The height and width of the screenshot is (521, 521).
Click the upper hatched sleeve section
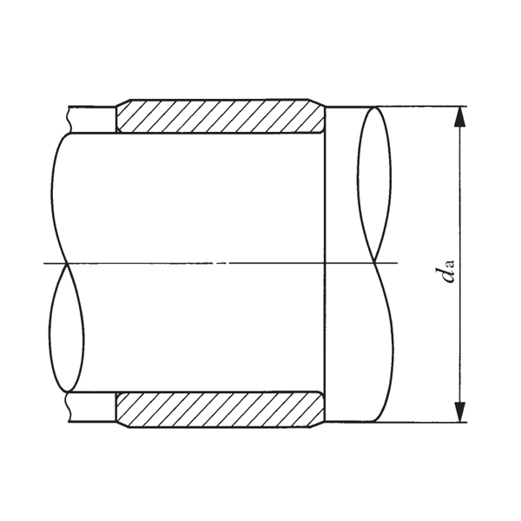tap(217, 116)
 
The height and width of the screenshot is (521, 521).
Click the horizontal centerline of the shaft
tap(217, 262)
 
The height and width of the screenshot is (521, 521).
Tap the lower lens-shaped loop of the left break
tap(67, 330)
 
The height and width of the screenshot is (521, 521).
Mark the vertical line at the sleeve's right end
tap(325, 260)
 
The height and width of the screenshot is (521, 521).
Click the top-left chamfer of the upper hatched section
tap(122, 102)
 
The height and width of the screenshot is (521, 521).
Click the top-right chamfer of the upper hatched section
tap(317, 102)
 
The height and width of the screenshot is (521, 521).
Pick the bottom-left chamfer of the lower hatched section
tap(122, 424)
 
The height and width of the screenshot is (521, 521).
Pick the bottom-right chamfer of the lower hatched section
tap(317, 424)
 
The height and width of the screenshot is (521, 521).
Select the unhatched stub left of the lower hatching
tap(92, 406)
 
